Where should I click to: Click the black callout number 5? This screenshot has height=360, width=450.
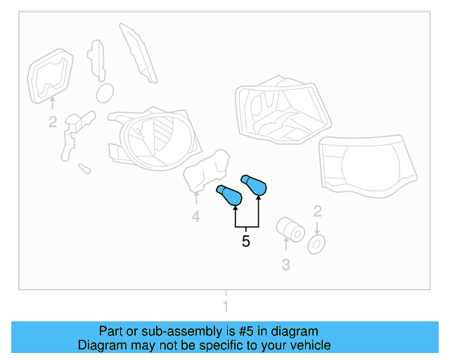245,241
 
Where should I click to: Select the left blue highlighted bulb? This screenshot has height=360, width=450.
230,195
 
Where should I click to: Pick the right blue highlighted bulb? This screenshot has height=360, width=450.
255,185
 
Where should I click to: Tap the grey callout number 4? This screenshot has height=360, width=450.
195,216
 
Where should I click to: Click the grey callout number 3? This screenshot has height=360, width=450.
286,264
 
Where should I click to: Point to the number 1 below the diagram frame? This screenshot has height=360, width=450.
226,306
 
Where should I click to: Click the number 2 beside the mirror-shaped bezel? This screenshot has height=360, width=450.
53,122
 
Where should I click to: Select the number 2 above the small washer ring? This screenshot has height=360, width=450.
317,212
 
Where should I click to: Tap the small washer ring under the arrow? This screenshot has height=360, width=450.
316,245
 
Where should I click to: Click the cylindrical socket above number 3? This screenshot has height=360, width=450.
290,230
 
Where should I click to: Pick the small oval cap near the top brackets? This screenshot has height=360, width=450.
105,93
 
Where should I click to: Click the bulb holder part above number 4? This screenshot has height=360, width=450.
206,171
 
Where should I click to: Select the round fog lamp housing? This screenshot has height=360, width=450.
155,139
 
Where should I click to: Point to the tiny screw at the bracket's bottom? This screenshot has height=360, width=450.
84,169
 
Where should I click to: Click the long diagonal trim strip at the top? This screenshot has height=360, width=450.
139,53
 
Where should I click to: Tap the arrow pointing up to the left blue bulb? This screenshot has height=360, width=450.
236,216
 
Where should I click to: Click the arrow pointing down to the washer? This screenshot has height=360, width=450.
317,228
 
